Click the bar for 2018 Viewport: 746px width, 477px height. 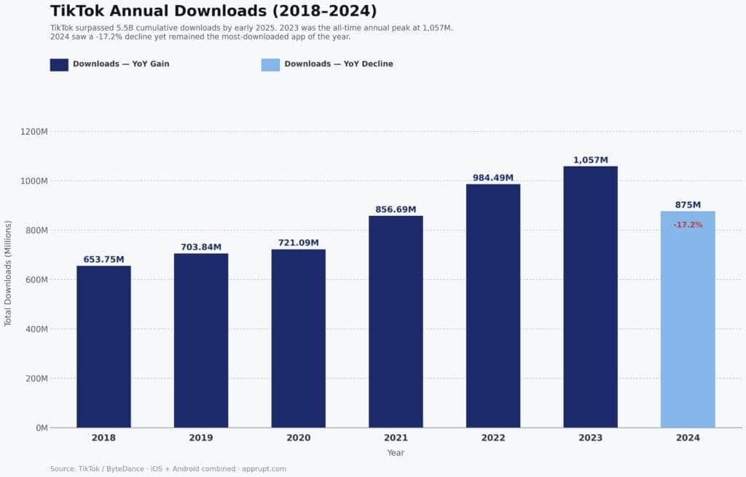pos(103,346)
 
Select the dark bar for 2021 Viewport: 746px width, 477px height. pos(396,321)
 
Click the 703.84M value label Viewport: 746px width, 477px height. pos(201,247)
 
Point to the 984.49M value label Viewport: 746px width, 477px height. pos(493,178)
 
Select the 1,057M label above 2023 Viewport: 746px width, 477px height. pos(590,160)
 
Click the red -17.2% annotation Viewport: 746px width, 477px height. pos(688,225)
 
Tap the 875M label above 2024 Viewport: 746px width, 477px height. pos(688,205)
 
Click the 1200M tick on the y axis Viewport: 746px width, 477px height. pos(34,132)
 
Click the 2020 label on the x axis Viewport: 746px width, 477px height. pos(298,438)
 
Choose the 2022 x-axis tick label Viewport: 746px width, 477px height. pos(493,438)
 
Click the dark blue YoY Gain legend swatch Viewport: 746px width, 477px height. pos(59,64)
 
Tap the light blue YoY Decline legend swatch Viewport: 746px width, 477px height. pos(270,64)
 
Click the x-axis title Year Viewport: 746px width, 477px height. pos(396,453)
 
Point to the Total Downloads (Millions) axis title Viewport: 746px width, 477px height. pos(9,273)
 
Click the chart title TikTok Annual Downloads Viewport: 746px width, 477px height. pos(213,11)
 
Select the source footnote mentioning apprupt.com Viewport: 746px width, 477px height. pos(168,469)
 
